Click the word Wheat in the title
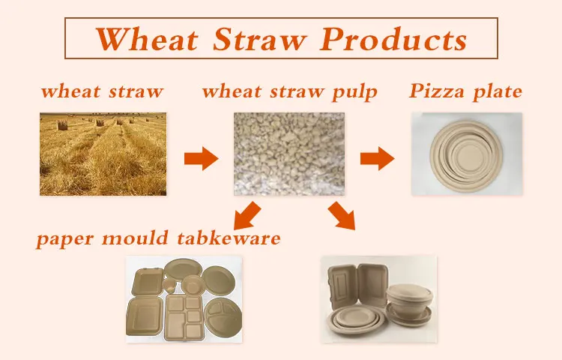[x=147, y=39]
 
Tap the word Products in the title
[x=393, y=39]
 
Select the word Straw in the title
[x=259, y=39]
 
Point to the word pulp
[x=354, y=92]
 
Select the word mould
[x=135, y=238]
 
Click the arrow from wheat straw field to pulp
[x=201, y=158]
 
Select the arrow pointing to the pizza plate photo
[x=377, y=158]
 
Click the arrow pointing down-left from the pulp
[x=247, y=216]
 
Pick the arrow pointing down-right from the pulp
[x=342, y=215]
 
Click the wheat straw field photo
[x=103, y=154]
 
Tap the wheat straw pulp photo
[x=289, y=154]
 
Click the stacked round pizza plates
[x=466, y=156]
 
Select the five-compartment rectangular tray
[x=184, y=317]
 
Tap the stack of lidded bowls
[x=410, y=303]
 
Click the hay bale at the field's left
[x=62, y=125]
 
